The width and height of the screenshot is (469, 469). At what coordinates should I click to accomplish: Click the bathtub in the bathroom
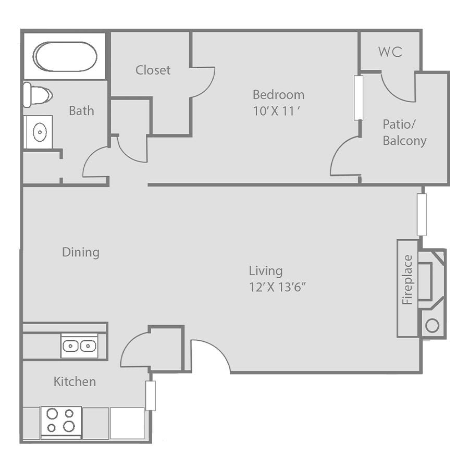[65, 57]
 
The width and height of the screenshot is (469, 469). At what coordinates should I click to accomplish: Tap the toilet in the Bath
[38, 95]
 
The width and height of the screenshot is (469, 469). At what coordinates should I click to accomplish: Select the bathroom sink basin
[40, 132]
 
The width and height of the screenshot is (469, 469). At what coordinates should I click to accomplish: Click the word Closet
[153, 70]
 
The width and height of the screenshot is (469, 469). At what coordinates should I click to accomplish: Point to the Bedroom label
[278, 94]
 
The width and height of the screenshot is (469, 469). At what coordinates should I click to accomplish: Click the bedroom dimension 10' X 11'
[276, 112]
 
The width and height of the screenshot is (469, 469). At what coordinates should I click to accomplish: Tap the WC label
[390, 52]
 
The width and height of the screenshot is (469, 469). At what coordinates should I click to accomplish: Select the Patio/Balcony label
[404, 132]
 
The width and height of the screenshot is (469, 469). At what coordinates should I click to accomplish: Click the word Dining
[81, 252]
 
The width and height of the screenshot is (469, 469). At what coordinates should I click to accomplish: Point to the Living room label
[266, 270]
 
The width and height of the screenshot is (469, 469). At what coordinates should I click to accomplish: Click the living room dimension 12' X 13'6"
[278, 287]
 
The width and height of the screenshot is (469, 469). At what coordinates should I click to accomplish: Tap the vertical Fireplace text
[408, 280]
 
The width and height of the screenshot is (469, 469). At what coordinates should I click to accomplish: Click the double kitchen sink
[79, 346]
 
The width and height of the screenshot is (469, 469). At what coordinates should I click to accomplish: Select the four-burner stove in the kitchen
[61, 423]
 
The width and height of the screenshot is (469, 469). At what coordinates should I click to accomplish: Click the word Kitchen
[75, 381]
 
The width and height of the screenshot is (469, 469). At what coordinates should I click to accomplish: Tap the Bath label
[81, 110]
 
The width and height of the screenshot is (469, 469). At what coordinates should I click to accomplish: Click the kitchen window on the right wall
[151, 396]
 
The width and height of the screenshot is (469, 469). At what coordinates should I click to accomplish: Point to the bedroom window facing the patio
[359, 97]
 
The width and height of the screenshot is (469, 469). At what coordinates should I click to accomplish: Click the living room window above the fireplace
[422, 215]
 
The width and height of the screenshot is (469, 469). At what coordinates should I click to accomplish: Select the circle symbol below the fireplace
[432, 325]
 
